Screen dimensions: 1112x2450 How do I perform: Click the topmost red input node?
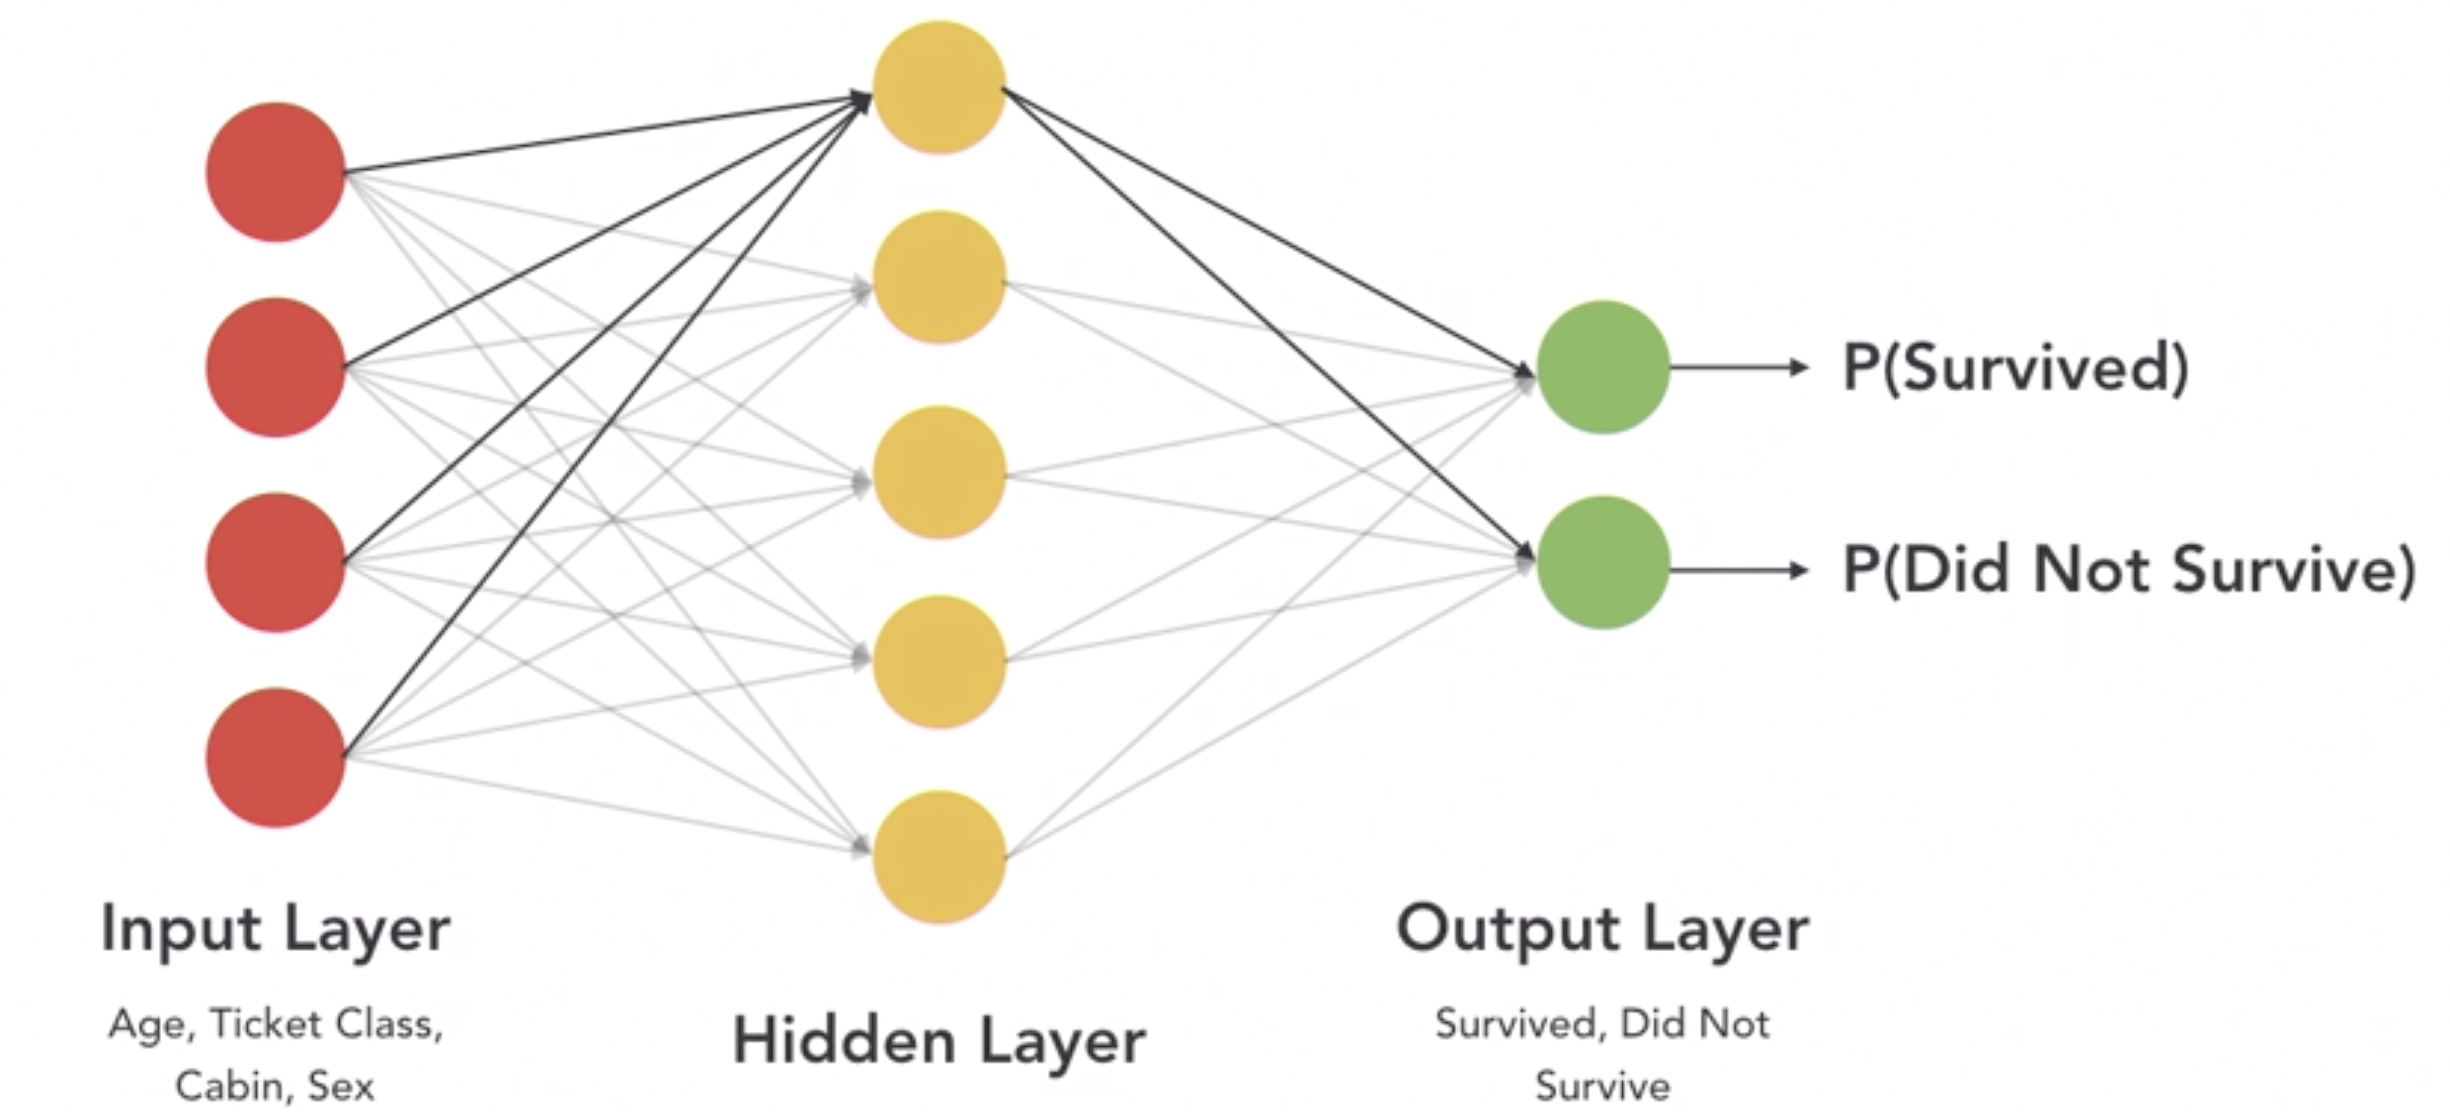pyautogui.click(x=276, y=172)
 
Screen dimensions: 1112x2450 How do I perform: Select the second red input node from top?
pyautogui.click(x=276, y=367)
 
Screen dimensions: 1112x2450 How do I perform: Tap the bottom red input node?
pyautogui.click(x=276, y=757)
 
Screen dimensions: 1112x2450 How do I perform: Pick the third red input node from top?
pyautogui.click(x=276, y=562)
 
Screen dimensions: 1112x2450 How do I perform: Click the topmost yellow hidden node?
pyautogui.click(x=939, y=87)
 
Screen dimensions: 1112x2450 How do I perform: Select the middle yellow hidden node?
pyautogui.click(x=939, y=472)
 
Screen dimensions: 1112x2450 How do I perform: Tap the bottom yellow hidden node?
pyautogui.click(x=939, y=856)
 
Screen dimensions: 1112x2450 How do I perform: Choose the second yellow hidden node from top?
pyautogui.click(x=939, y=277)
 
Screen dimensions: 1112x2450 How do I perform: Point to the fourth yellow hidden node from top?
pyautogui.click(x=939, y=662)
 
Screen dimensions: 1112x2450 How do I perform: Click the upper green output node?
pyautogui.click(x=1603, y=367)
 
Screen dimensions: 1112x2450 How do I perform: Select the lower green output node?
pyautogui.click(x=1603, y=562)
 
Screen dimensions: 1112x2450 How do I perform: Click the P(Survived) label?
pyautogui.click(x=2015, y=367)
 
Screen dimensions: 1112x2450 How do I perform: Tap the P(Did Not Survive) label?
pyautogui.click(x=2129, y=570)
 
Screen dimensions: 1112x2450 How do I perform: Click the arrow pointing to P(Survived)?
pyautogui.click(x=1739, y=367)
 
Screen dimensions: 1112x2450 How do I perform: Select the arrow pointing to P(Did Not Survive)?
pyautogui.click(x=1739, y=570)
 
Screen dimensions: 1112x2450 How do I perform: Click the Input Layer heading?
pyautogui.click(x=276, y=929)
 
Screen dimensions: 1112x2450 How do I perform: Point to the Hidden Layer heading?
pyautogui.click(x=939, y=1041)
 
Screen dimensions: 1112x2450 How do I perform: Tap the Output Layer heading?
pyautogui.click(x=1602, y=929)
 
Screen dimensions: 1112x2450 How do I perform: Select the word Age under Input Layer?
pyautogui.click(x=146, y=1024)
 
